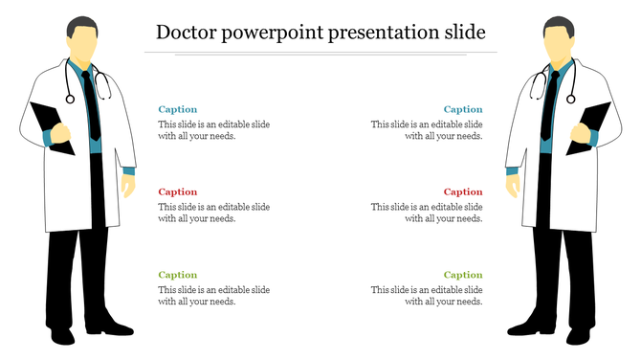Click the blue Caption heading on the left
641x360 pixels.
click(178, 110)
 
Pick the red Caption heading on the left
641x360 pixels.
click(178, 192)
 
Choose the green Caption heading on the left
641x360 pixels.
click(178, 275)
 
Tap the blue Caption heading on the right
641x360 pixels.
click(463, 110)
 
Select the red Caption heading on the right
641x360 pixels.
click(463, 192)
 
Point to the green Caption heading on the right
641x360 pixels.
click(463, 275)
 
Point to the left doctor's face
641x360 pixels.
click(84, 43)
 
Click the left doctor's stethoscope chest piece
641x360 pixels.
click(69, 98)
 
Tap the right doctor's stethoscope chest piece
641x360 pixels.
click(571, 98)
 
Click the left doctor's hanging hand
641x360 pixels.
click(128, 184)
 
